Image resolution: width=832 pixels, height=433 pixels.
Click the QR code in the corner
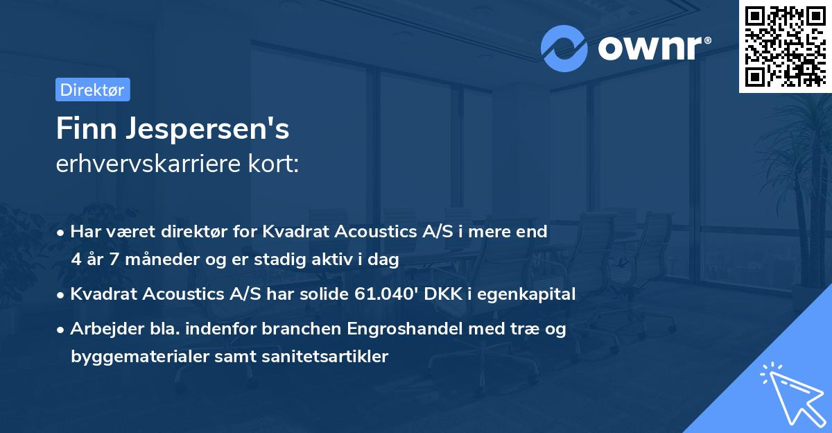point(785,46)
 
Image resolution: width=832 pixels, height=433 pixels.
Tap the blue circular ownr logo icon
point(564,49)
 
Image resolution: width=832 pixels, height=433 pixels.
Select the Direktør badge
point(92,90)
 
